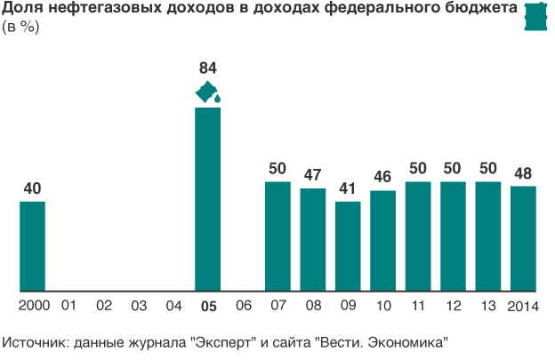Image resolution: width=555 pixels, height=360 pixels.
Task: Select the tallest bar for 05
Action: point(208,199)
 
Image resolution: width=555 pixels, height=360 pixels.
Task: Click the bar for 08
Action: point(313,239)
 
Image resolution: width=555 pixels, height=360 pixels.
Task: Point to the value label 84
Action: point(208,68)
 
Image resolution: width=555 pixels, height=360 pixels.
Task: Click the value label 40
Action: point(33,188)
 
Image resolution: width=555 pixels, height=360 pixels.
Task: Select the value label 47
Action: point(313,174)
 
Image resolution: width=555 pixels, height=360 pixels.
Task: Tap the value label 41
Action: point(348,188)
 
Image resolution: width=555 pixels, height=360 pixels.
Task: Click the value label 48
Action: point(523,172)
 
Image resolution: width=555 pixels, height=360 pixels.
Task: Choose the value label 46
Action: point(382,177)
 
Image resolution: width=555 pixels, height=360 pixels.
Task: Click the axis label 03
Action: point(138,306)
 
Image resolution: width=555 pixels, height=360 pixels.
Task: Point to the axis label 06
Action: point(243,306)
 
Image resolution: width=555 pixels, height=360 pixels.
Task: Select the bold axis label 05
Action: point(208,306)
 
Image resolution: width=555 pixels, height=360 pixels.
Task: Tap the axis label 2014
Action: point(523,306)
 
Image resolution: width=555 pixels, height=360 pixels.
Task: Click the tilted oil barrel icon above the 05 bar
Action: point(208,92)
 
